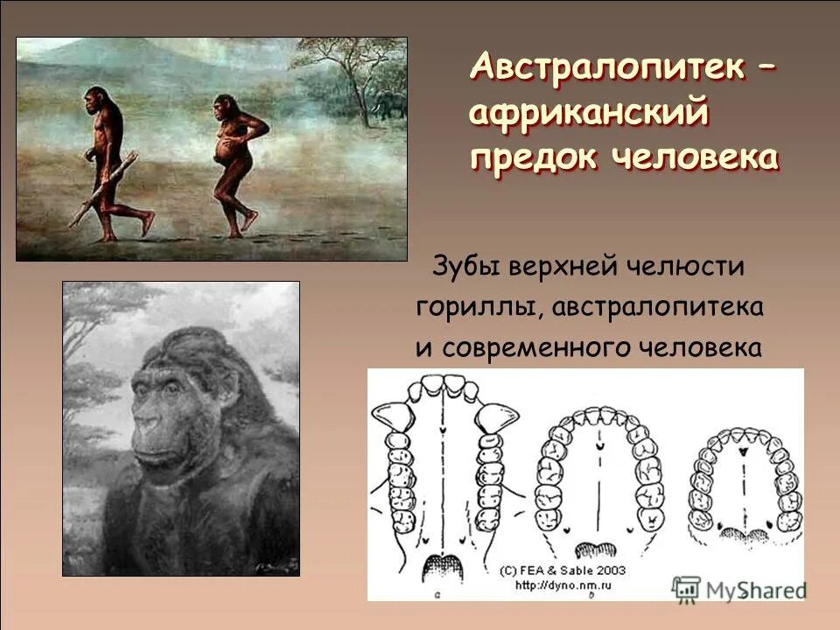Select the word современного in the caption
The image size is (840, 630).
tap(539, 347)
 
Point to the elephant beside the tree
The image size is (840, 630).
tap(391, 106)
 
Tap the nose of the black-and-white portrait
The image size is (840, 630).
tap(150, 427)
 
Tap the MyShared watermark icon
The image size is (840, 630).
tap(687, 588)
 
